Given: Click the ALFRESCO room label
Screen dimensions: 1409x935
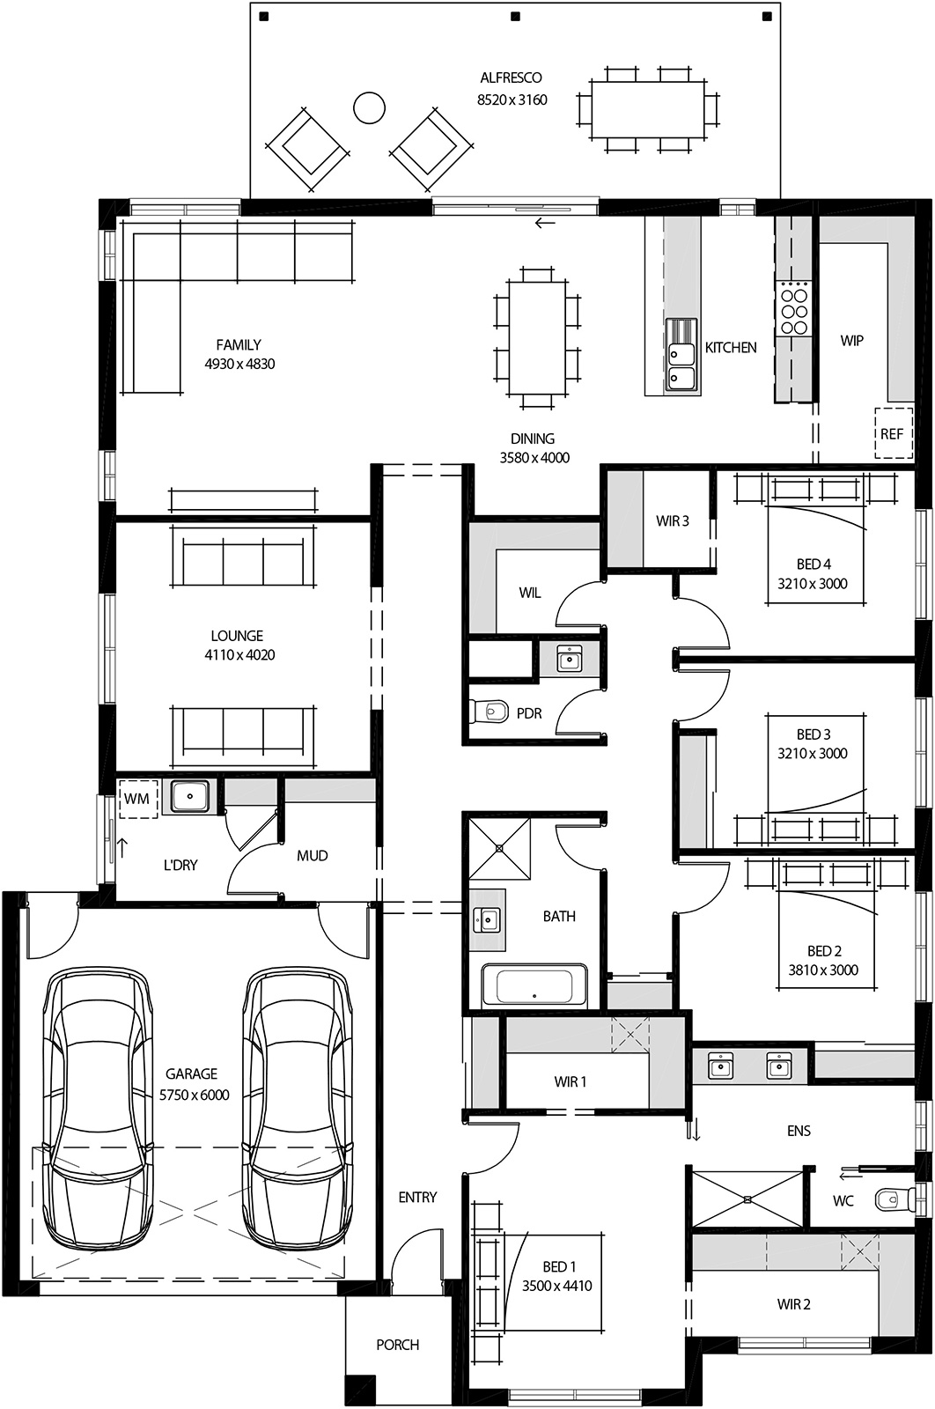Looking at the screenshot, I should tap(511, 77).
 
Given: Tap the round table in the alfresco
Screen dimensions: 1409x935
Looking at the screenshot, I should tap(369, 107).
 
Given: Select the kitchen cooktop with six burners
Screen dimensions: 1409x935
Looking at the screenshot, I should tap(793, 307).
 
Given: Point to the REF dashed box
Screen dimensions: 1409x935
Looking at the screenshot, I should tap(892, 433).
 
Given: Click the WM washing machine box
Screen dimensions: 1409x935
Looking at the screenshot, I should tap(136, 799).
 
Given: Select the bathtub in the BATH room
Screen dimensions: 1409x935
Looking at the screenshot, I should tap(534, 985).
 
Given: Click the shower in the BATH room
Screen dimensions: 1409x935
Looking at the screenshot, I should tap(499, 848).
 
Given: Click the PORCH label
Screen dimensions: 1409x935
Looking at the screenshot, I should tap(397, 1345).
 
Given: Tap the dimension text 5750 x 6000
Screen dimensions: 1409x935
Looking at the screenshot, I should tap(194, 1095).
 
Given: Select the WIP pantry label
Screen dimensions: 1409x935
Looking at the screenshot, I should tap(851, 340).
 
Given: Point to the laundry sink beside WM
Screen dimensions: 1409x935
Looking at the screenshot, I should tap(189, 796).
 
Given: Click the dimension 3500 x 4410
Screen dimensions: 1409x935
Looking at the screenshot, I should tap(556, 1286).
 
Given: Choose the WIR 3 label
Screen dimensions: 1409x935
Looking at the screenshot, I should tap(672, 520).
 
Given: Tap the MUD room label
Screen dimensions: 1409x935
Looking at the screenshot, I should tap(312, 855).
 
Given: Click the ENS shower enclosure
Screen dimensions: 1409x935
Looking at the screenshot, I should tap(747, 1198).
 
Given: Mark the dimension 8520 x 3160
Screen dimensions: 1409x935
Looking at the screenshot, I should tap(512, 100).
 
